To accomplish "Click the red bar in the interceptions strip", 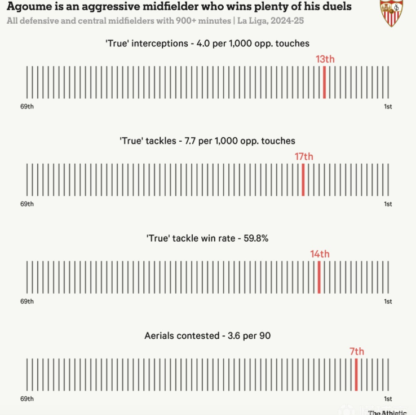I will coord(324,82).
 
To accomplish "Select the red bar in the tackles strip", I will coord(303,180).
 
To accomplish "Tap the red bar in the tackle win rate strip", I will coord(319,277).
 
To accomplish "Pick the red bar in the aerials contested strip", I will coord(356,374).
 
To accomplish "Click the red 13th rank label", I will coord(325,59).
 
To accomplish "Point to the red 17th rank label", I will coord(304,156).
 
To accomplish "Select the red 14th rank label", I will coord(320,254).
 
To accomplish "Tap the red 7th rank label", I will coord(356,351).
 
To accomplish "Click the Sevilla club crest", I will coord(391,13).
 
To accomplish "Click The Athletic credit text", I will coord(387,412).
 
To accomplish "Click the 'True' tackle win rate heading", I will coord(207,238).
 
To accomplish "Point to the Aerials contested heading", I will coord(207,335).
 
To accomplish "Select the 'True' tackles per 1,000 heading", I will coord(207,141).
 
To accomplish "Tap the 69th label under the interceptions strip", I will coord(27,107).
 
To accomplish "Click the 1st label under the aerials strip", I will coord(388,399).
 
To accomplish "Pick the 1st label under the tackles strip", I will coord(388,204).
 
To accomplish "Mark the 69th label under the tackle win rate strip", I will coord(27,302).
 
